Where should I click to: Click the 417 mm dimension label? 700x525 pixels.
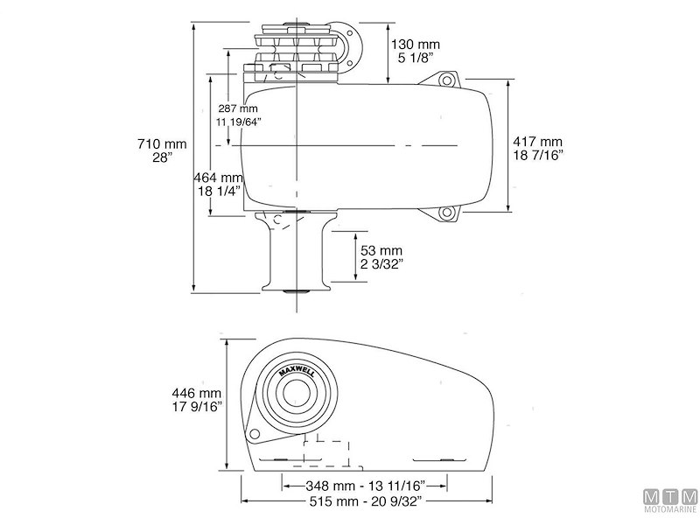pos(538,141)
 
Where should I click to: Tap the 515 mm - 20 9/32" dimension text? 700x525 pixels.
pos(365,501)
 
